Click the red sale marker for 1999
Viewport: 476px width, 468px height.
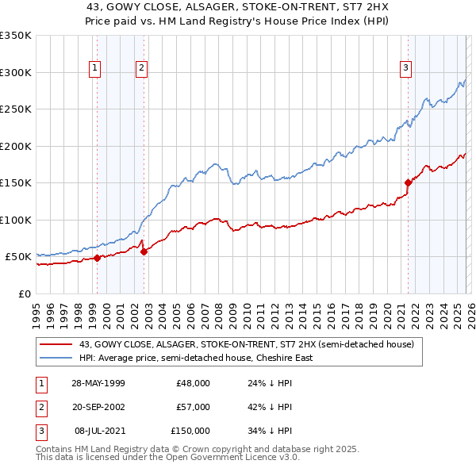click(x=98, y=257)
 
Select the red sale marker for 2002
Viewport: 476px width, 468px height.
click(x=144, y=251)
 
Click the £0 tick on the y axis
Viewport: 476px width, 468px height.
click(x=25, y=293)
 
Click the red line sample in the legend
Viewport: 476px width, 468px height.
click(x=56, y=344)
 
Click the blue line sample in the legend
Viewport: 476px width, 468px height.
click(x=56, y=358)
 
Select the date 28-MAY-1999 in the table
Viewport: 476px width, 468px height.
click(x=98, y=383)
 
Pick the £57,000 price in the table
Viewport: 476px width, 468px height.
click(x=193, y=407)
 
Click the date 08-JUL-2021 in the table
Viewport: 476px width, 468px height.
click(x=99, y=431)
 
